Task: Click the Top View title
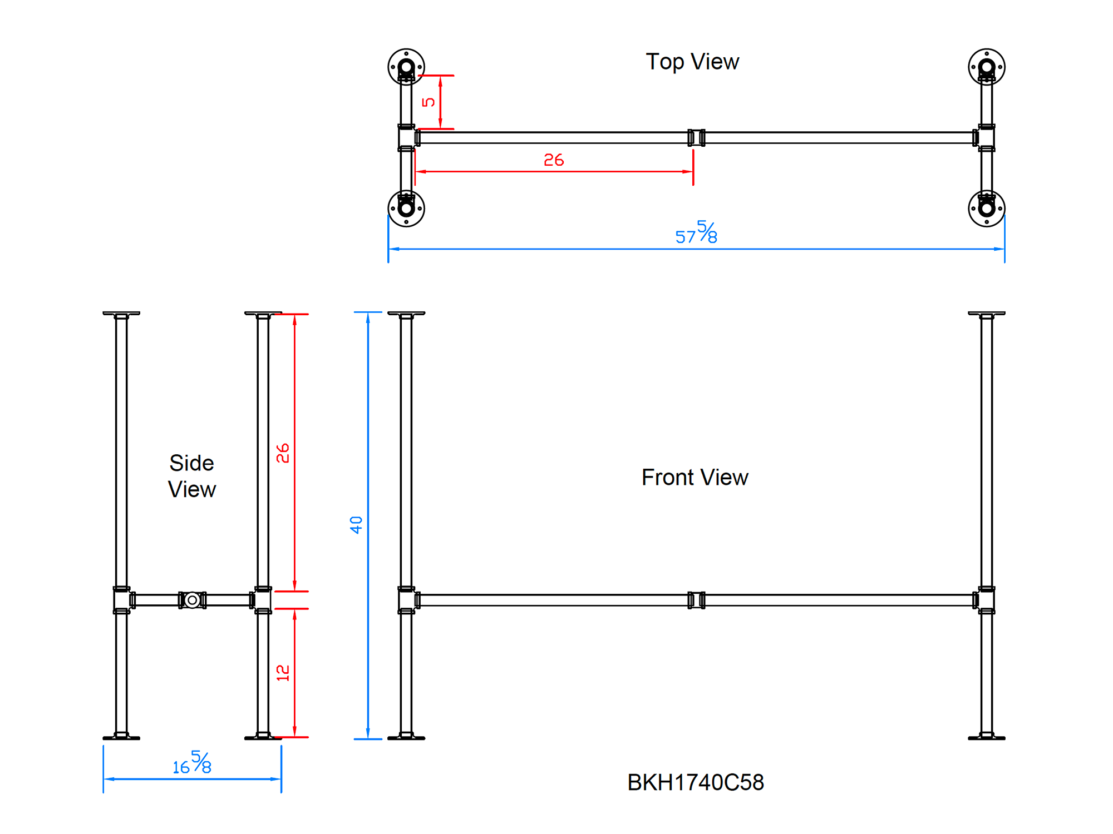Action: click(692, 62)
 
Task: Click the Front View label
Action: click(695, 478)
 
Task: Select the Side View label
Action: click(192, 476)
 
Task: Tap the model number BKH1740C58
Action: click(695, 782)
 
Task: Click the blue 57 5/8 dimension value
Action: click(697, 232)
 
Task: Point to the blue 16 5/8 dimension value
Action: click(192, 763)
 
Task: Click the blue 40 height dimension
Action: click(356, 525)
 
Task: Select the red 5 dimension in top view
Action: click(428, 102)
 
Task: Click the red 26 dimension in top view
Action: click(554, 160)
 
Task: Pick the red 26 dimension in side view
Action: click(283, 453)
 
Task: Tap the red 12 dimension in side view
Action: click(283, 673)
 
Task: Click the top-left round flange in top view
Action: click(406, 67)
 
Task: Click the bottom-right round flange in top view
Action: click(986, 209)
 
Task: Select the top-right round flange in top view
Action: click(986, 67)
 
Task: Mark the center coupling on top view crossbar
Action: click(696, 137)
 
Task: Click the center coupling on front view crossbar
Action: click(696, 600)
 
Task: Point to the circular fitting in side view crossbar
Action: click(192, 600)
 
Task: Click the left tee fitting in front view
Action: click(407, 600)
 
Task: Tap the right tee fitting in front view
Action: click(986, 600)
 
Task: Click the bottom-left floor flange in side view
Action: click(121, 737)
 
